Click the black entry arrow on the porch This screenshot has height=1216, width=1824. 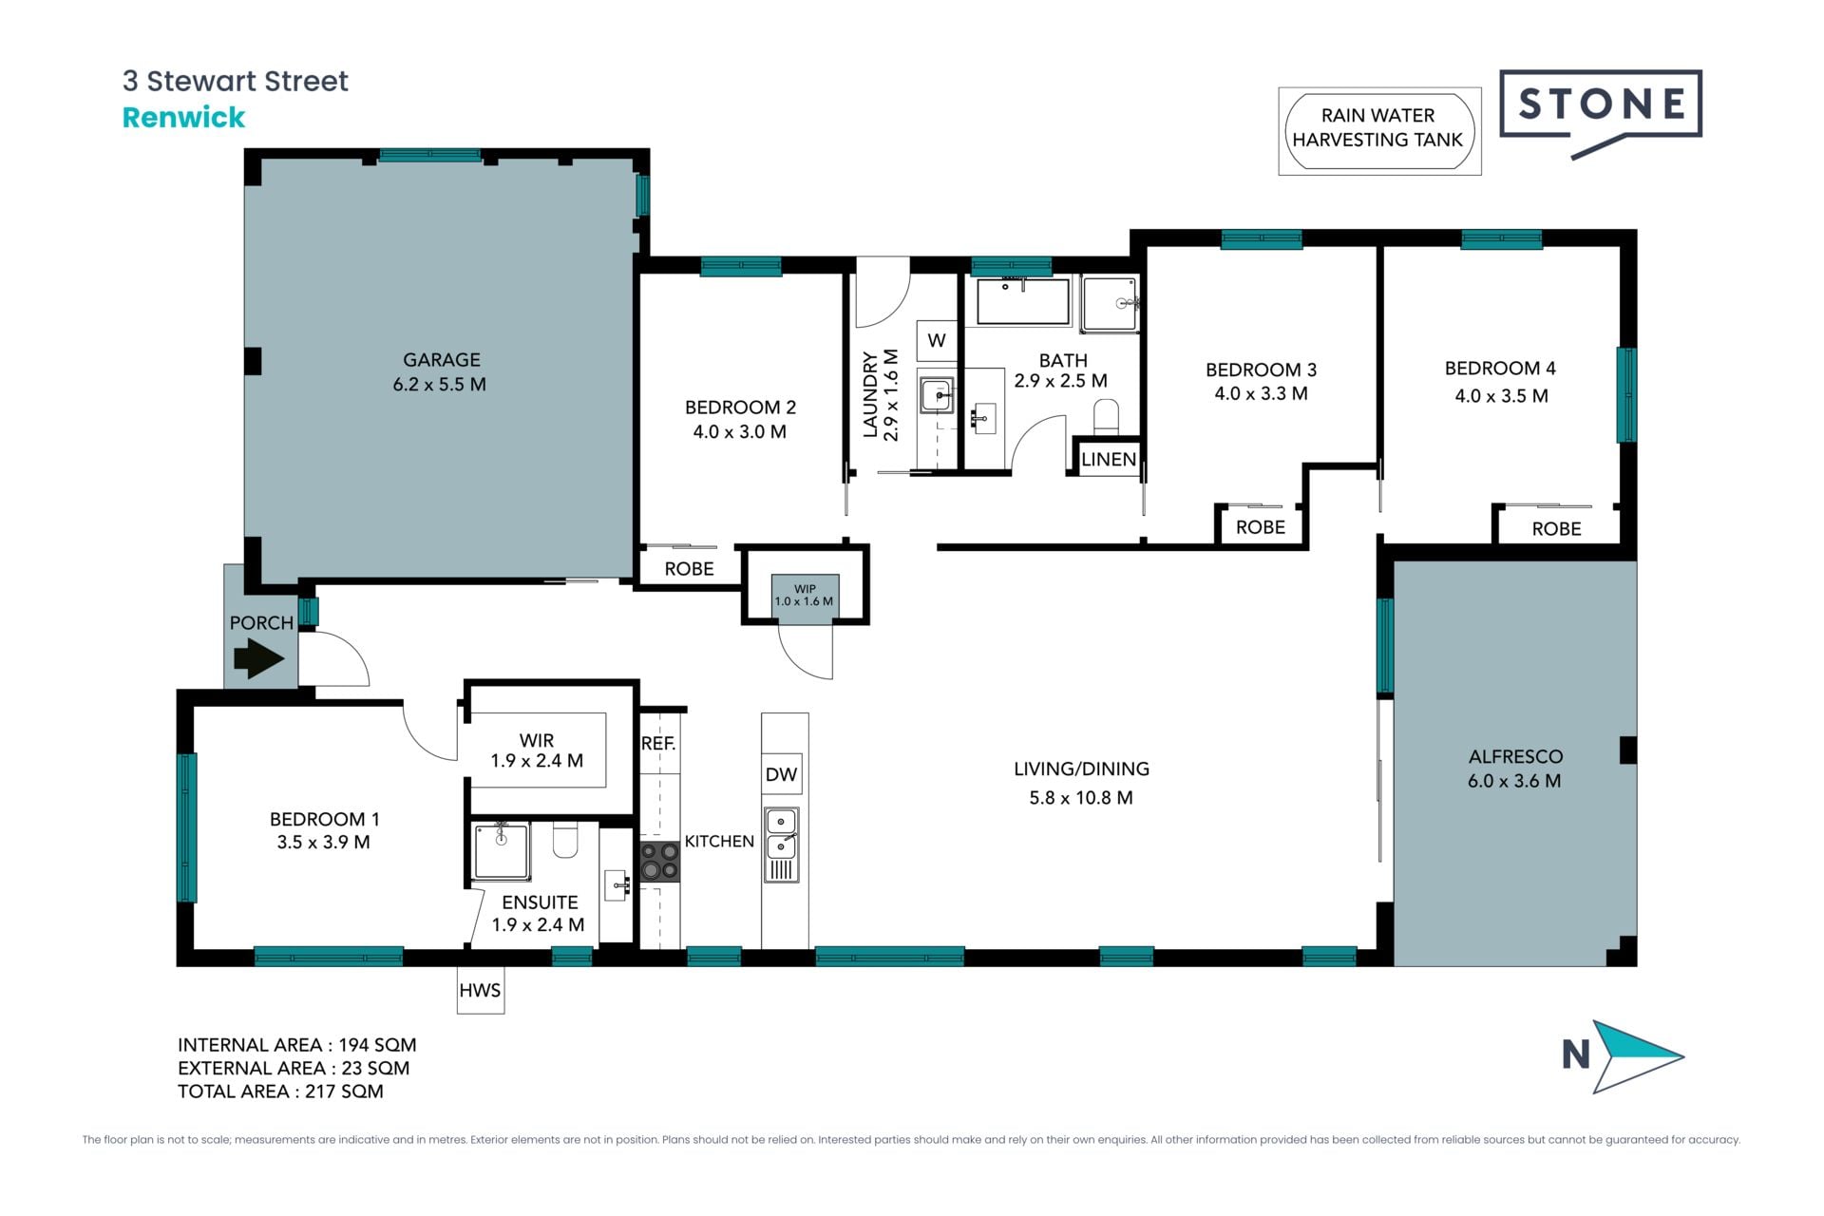coord(258,657)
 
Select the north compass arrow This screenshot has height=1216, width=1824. coord(1636,1056)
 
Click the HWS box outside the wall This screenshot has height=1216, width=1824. coord(480,990)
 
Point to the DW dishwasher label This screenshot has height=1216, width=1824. coord(781,774)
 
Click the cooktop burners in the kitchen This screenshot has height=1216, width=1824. coord(659,861)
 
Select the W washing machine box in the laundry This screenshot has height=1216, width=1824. coord(937,340)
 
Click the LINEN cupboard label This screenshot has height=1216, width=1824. coord(1109,460)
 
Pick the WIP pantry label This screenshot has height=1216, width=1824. coord(805,589)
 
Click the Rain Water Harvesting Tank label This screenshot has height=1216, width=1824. coord(1378,127)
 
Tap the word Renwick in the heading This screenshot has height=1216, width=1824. coord(183,118)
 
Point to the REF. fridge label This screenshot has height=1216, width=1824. coord(658,744)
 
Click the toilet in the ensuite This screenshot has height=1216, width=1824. coord(565,840)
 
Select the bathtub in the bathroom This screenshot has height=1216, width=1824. coord(1023,302)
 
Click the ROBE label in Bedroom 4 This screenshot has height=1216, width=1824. coord(1556,529)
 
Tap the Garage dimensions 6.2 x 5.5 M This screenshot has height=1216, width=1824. coord(440,385)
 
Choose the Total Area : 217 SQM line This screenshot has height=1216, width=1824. coord(280,1092)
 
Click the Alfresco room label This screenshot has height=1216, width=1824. coord(1515,757)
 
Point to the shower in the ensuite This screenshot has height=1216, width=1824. coord(502,851)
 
